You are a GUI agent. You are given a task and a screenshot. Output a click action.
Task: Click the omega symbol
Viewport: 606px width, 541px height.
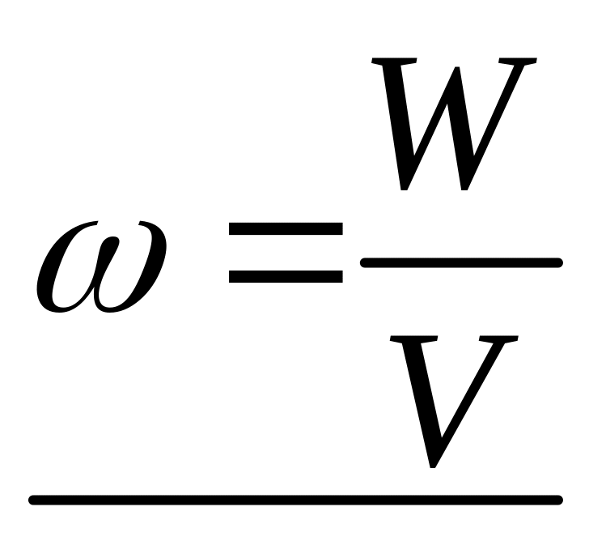click(101, 265)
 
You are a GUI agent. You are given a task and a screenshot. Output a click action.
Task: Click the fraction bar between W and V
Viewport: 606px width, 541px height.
click(461, 262)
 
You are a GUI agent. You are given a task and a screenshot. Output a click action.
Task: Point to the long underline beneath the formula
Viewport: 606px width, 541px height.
click(295, 499)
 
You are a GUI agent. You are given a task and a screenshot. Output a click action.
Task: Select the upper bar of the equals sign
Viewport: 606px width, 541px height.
click(286, 231)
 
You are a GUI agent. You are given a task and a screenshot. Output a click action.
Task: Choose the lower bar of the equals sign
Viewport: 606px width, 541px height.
click(286, 275)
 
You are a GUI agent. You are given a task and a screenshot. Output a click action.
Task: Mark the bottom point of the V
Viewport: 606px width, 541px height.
click(434, 463)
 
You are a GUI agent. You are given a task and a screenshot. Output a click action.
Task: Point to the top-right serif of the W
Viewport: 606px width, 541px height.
click(518, 61)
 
